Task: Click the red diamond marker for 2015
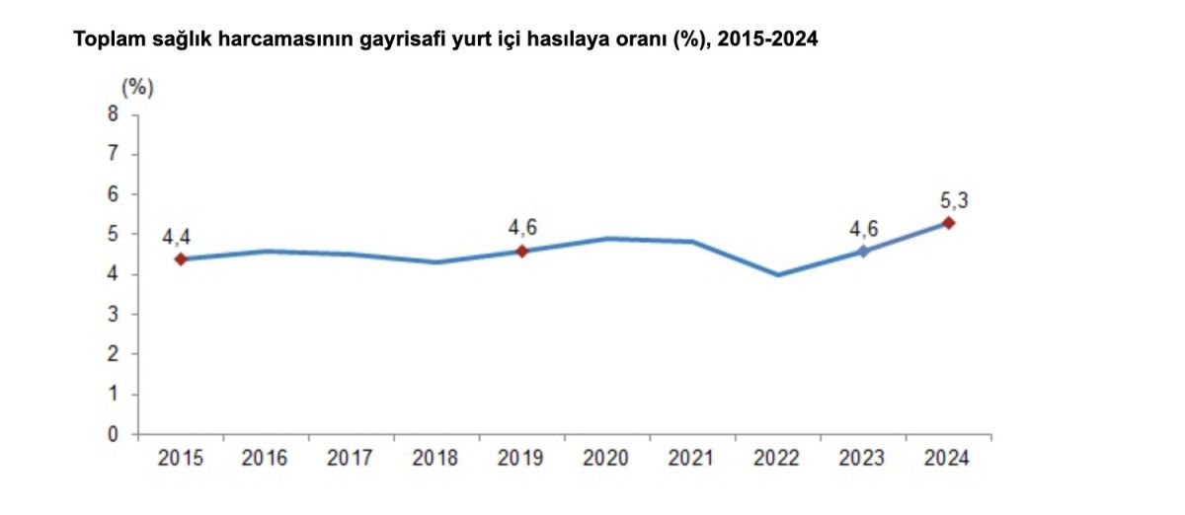(181, 259)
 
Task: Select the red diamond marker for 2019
(522, 251)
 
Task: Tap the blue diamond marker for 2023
(863, 252)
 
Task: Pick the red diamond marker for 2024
(948, 223)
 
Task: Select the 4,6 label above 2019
(522, 229)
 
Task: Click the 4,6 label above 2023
(863, 229)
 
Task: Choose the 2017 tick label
(351, 459)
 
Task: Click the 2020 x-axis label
(607, 459)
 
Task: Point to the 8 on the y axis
(113, 114)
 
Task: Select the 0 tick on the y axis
(113, 434)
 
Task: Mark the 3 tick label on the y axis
(113, 315)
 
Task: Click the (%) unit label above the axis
(137, 87)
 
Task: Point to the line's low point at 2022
(778, 274)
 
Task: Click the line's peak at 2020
(607, 238)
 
